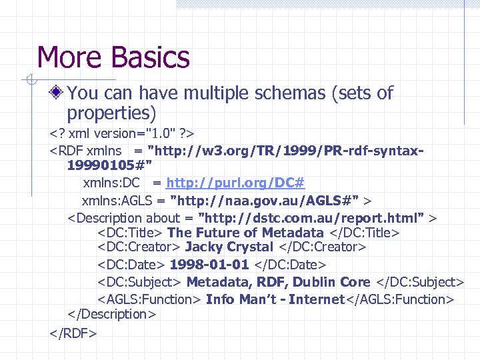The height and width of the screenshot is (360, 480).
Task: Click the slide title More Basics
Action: pos(114,57)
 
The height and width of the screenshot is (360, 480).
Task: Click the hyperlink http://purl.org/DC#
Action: pos(235,183)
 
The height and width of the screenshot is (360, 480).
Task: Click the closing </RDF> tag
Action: pos(73,332)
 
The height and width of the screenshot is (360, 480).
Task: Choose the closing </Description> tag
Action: pos(111,314)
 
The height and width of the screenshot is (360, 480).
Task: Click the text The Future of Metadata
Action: pos(245,232)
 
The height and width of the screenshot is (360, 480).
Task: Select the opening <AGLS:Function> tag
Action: pos(150,299)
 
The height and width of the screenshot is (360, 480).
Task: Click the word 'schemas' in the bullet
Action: pos(291,93)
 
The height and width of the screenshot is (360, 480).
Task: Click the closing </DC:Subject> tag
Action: pos(419,282)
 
